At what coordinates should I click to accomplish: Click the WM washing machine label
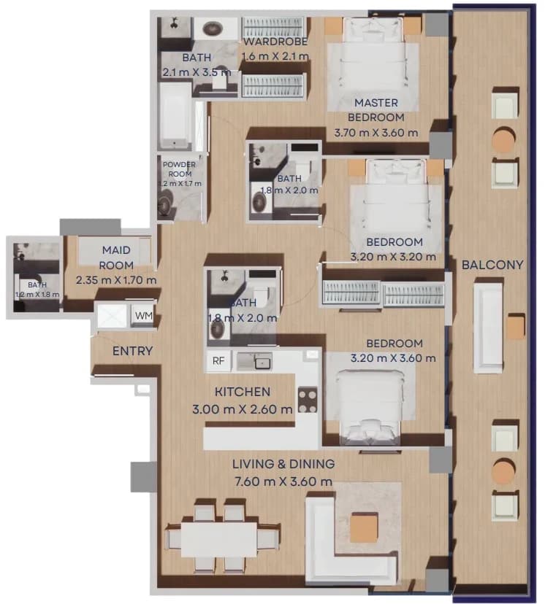[x=144, y=316]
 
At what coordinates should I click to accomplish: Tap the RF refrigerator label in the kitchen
[x=218, y=361]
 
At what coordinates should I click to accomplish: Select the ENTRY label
[x=133, y=351]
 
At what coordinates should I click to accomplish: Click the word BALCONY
[x=492, y=265]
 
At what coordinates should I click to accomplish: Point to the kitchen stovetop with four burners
[x=308, y=400]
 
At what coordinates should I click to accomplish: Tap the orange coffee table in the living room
[x=364, y=527]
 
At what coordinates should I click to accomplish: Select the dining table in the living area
[x=219, y=539]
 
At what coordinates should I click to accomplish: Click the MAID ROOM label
[x=116, y=258]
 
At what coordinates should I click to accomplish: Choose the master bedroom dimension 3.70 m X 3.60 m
[x=376, y=133]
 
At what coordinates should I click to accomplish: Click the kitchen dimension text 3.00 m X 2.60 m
[x=243, y=409]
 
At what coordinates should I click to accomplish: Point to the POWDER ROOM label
[x=179, y=169]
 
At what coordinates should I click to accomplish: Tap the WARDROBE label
[x=275, y=42]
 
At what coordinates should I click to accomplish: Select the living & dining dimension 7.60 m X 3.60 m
[x=283, y=481]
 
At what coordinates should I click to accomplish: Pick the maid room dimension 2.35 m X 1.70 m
[x=116, y=280]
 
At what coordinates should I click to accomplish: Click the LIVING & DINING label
[x=283, y=464]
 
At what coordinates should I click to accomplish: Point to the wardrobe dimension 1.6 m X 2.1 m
[x=275, y=56]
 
